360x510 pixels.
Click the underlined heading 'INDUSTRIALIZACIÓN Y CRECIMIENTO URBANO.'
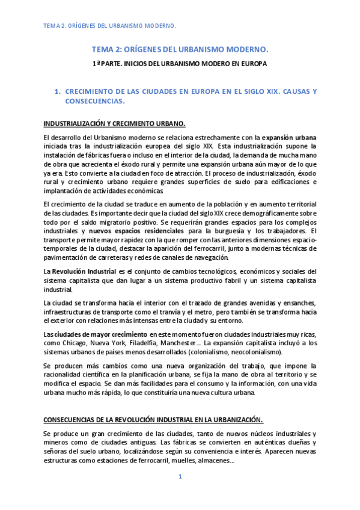click(x=115, y=124)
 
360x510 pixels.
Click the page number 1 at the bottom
click(x=180, y=478)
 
